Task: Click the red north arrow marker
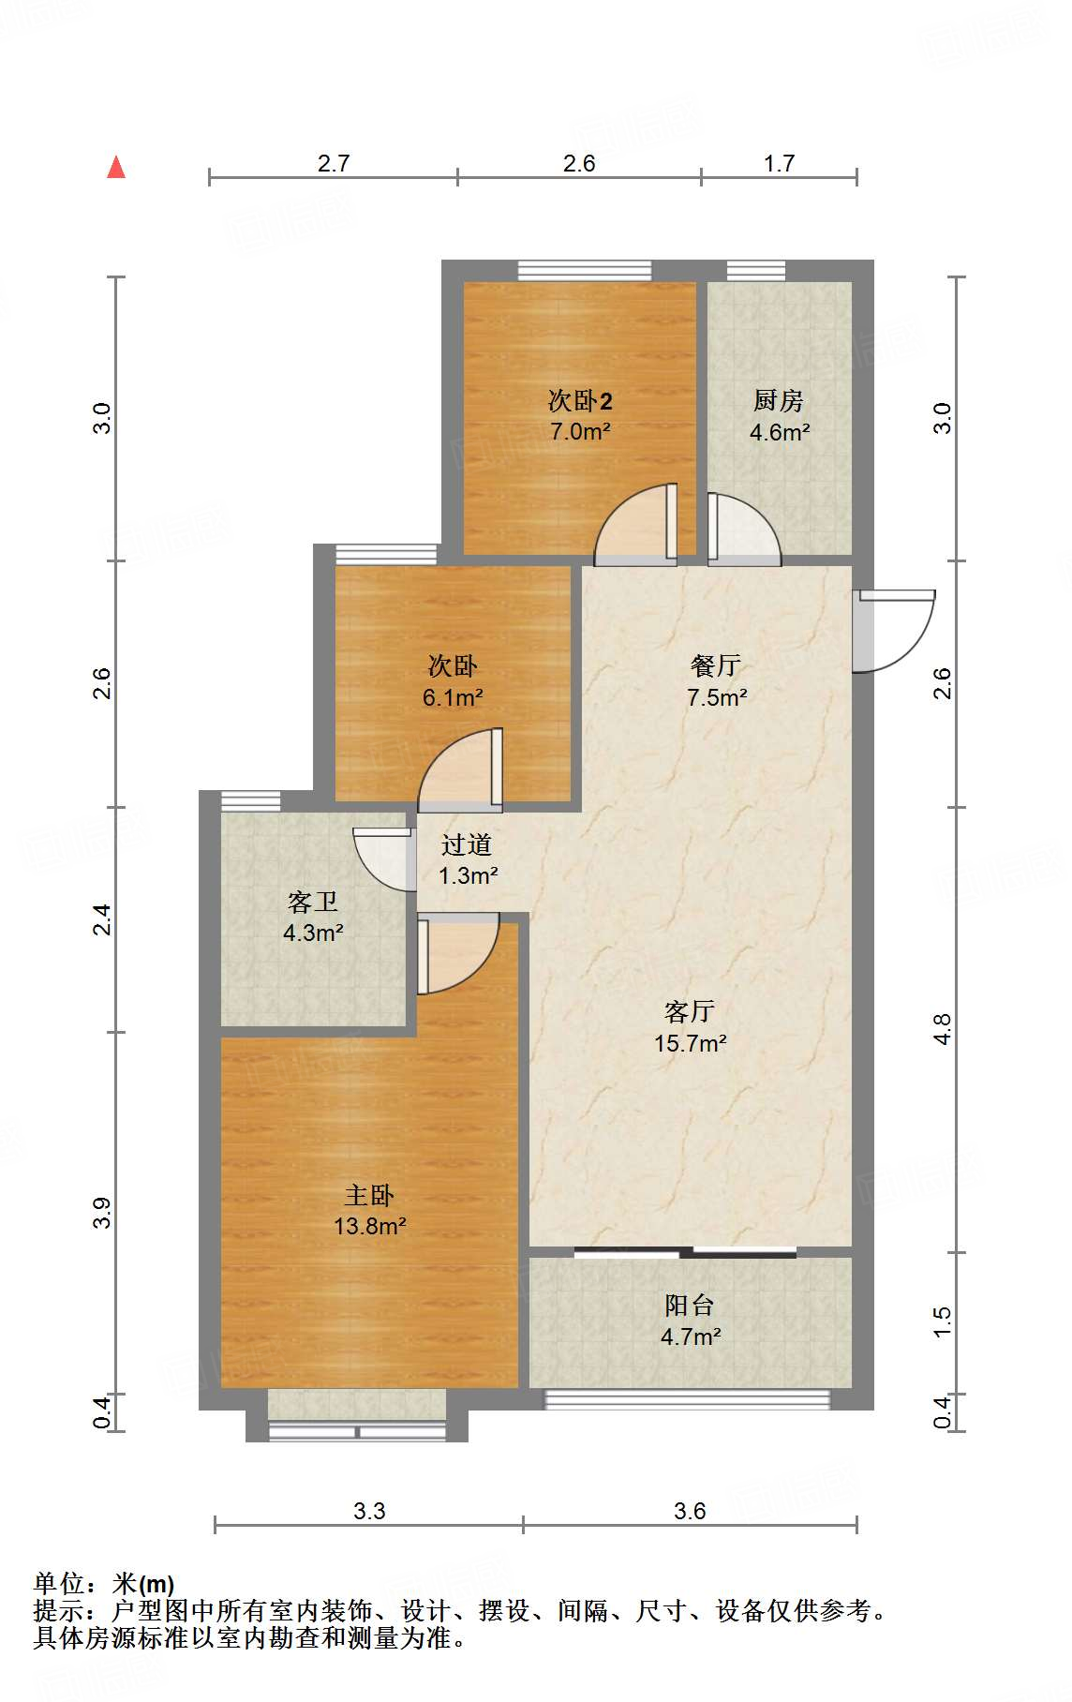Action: (116, 168)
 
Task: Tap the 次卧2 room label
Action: (580, 401)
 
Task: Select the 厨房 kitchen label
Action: (778, 401)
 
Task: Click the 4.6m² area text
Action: (780, 432)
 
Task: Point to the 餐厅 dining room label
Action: (716, 665)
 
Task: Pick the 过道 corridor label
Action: (467, 844)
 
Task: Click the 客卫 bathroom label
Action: (313, 902)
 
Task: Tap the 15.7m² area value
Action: (691, 1043)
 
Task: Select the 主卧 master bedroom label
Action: (369, 1195)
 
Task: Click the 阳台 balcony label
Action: (690, 1305)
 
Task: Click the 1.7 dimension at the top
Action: (779, 164)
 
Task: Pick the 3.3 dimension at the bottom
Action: (369, 1511)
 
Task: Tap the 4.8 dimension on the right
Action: (943, 1029)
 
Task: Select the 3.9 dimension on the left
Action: (102, 1213)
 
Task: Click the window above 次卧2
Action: (585, 270)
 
